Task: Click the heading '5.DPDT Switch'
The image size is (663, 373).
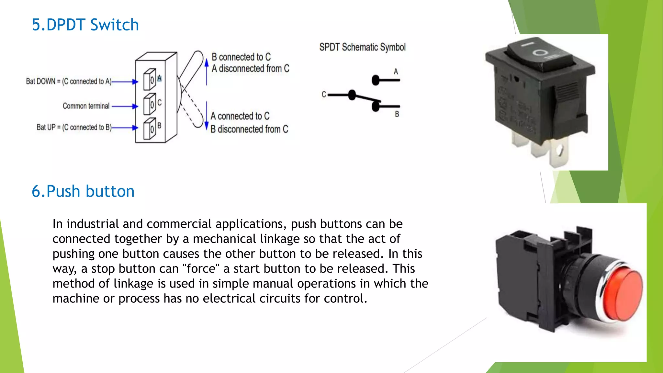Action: coord(85,25)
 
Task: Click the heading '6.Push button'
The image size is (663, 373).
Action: coord(83,191)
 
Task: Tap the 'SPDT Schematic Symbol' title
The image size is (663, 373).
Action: coord(362,47)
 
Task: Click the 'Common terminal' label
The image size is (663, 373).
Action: coord(86,106)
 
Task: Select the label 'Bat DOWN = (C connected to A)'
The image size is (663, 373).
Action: coord(69,81)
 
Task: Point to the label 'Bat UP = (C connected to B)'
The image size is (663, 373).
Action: coord(74,127)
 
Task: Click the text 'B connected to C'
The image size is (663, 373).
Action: coord(241,57)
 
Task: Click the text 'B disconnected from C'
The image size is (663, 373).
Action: coord(249,129)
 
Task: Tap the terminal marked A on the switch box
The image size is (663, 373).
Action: coord(150,79)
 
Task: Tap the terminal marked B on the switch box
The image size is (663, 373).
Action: coord(150,129)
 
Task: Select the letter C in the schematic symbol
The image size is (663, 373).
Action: coord(324,95)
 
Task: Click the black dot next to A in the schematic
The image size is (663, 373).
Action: coord(376,80)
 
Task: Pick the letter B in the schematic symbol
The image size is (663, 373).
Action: coord(397,114)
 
